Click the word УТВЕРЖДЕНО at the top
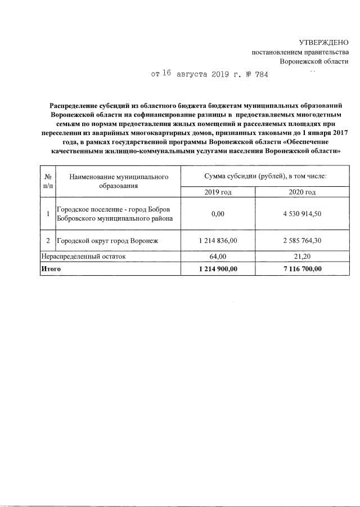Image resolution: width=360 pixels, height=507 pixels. click(323, 42)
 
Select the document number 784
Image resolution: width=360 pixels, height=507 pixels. click(262, 74)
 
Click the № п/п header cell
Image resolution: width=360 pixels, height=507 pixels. click(48, 181)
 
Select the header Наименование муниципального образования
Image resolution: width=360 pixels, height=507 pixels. click(119, 181)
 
